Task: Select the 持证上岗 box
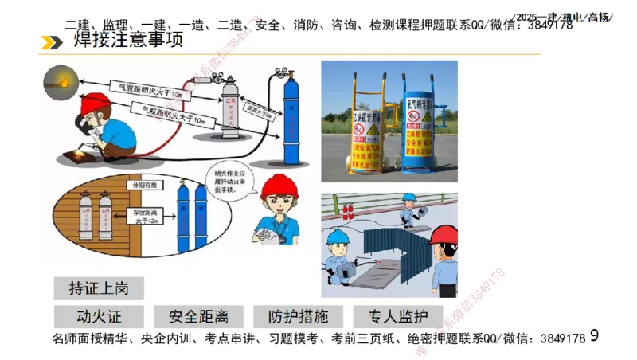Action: point(98,287)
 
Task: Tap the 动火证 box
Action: point(99,315)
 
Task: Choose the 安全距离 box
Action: point(197,315)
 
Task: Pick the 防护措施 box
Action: point(297,315)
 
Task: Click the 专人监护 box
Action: point(395,315)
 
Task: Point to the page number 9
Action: point(594,337)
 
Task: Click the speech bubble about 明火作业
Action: point(233,180)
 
